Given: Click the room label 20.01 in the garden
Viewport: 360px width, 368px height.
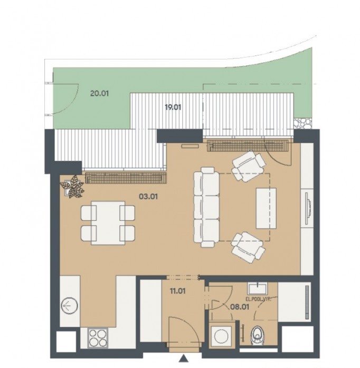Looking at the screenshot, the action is (x=99, y=93).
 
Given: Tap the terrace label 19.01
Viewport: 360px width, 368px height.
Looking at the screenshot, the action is (x=173, y=108).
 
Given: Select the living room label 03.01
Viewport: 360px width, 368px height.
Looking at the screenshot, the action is (x=148, y=196).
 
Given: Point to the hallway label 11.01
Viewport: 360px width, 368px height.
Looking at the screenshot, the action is (x=178, y=291).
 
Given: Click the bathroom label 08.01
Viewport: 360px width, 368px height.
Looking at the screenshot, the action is (x=240, y=307).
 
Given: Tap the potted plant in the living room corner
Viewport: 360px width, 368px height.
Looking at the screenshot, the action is (x=72, y=187).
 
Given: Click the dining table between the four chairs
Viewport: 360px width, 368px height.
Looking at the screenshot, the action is (x=108, y=223).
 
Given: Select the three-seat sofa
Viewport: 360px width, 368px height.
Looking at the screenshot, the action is (x=206, y=207).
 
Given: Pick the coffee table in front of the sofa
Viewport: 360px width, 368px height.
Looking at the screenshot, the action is (x=266, y=208).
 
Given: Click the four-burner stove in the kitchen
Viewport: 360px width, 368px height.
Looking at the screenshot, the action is (x=98, y=338).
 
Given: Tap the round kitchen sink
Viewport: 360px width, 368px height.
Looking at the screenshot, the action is (x=70, y=306).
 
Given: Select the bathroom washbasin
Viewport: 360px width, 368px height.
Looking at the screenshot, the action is (x=257, y=288).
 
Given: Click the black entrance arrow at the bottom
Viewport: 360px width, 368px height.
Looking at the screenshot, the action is (x=184, y=359).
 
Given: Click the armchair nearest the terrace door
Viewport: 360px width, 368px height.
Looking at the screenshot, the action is (x=249, y=166).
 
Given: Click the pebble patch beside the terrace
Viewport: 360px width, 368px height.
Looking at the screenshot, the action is (x=303, y=123).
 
